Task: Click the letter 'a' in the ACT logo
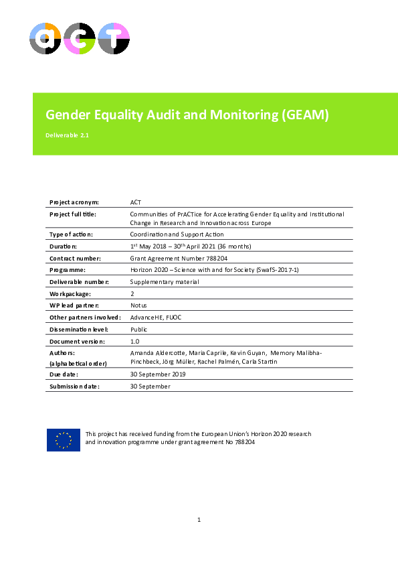tap(45, 39)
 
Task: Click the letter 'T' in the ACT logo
tap(113, 39)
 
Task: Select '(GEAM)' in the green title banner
tap(306, 115)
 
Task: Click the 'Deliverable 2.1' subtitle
tap(67, 135)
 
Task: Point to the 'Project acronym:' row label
tap(74, 202)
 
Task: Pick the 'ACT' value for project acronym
tap(136, 202)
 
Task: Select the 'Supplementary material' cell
tap(164, 282)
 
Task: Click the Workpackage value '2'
tap(132, 294)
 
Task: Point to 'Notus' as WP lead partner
tap(139, 305)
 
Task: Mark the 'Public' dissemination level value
tap(139, 330)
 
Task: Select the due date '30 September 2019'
tap(157, 374)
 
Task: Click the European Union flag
tap(63, 439)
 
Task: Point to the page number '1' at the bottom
tap(199, 520)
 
